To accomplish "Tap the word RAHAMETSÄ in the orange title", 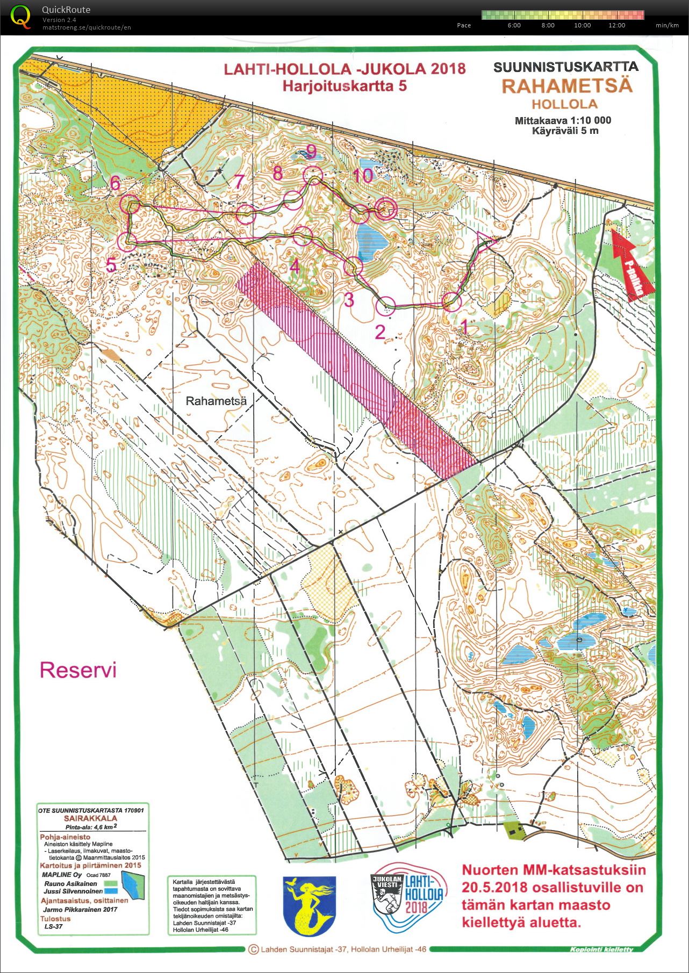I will [x=566, y=86].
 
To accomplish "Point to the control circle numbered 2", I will [x=386, y=306].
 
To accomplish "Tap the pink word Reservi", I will [x=78, y=670].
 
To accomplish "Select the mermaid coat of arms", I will [x=309, y=906].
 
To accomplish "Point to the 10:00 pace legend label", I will [x=582, y=25].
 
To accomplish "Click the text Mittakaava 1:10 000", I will [x=563, y=120].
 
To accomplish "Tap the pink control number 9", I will [x=311, y=152].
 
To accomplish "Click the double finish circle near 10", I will [x=385, y=210].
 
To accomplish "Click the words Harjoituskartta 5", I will [x=344, y=86].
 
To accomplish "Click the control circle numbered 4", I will [x=303, y=235].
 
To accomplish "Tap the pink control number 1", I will [x=465, y=326].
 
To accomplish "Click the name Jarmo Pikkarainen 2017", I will [x=80, y=910].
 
